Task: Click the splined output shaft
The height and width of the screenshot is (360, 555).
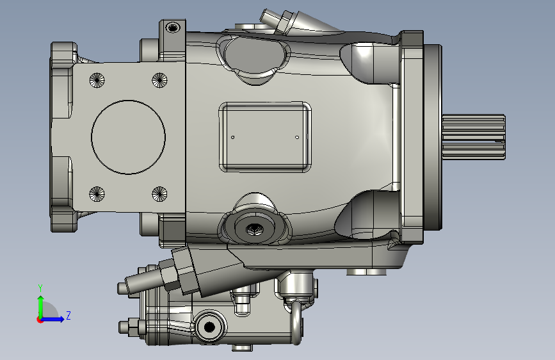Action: click(474, 137)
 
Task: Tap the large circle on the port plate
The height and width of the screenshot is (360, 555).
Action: click(128, 101)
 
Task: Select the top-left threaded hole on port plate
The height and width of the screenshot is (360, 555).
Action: click(97, 80)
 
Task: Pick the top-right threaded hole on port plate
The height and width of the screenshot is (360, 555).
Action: click(159, 80)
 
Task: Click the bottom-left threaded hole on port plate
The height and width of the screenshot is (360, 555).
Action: click(97, 194)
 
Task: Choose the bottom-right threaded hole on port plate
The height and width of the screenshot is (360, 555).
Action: click(159, 194)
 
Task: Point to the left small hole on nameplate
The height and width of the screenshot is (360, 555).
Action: click(232, 137)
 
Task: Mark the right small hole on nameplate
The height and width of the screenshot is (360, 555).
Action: click(297, 137)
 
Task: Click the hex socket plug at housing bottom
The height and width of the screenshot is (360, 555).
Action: click(254, 229)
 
